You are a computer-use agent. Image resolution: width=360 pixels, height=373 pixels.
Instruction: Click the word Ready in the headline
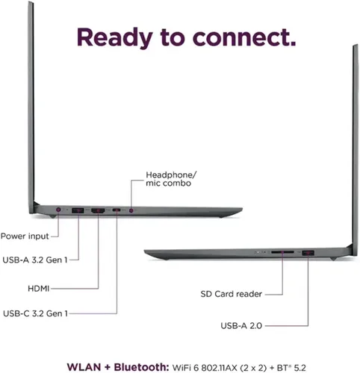point(114,38)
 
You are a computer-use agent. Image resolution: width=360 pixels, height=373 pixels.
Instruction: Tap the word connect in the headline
point(244,37)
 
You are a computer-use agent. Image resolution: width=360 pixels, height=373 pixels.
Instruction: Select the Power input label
point(25,236)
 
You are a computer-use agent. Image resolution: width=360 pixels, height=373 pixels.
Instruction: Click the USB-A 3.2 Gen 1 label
point(35,260)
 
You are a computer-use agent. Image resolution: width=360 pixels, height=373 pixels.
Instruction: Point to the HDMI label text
point(39,289)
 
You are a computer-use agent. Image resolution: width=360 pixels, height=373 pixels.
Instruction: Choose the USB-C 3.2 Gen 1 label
point(35,313)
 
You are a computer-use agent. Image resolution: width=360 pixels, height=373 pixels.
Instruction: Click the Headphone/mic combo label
point(171,179)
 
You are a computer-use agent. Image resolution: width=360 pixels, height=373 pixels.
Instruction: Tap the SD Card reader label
point(232,294)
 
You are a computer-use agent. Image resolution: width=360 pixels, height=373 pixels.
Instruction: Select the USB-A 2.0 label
point(241,325)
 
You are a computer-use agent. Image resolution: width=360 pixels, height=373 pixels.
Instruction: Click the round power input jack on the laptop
point(58,210)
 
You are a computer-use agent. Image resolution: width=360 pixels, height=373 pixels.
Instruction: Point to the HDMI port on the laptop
point(98,210)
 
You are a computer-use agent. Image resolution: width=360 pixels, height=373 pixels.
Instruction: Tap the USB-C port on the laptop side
point(117,210)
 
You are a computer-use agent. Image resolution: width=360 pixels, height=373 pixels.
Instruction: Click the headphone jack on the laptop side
point(131,210)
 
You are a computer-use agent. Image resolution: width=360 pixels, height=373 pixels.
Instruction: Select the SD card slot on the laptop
point(282,252)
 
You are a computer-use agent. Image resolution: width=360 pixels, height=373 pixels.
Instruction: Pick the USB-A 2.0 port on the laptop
point(308,253)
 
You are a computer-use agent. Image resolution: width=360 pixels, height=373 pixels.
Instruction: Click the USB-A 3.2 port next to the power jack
point(78,210)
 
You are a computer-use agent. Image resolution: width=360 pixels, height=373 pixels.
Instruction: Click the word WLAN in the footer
point(84,367)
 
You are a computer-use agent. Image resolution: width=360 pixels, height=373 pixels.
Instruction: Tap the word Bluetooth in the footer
point(141,367)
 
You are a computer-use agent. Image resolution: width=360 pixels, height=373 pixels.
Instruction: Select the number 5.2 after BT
point(300,368)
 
